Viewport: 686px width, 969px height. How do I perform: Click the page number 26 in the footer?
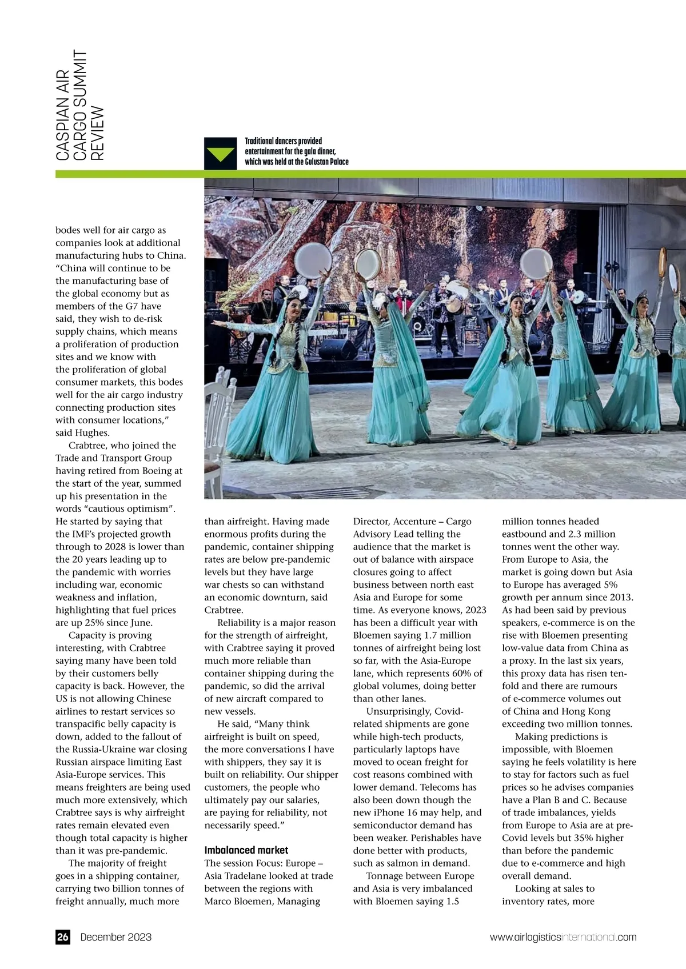62,937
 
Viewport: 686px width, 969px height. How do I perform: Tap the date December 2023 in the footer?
116,937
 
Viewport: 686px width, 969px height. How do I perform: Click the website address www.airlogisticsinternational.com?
563,937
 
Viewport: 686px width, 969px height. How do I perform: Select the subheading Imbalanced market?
246,850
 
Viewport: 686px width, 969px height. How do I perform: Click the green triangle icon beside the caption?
221,154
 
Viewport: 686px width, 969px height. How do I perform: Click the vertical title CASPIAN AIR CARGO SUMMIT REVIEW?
79,105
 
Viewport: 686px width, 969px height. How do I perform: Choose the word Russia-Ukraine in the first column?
154,749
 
